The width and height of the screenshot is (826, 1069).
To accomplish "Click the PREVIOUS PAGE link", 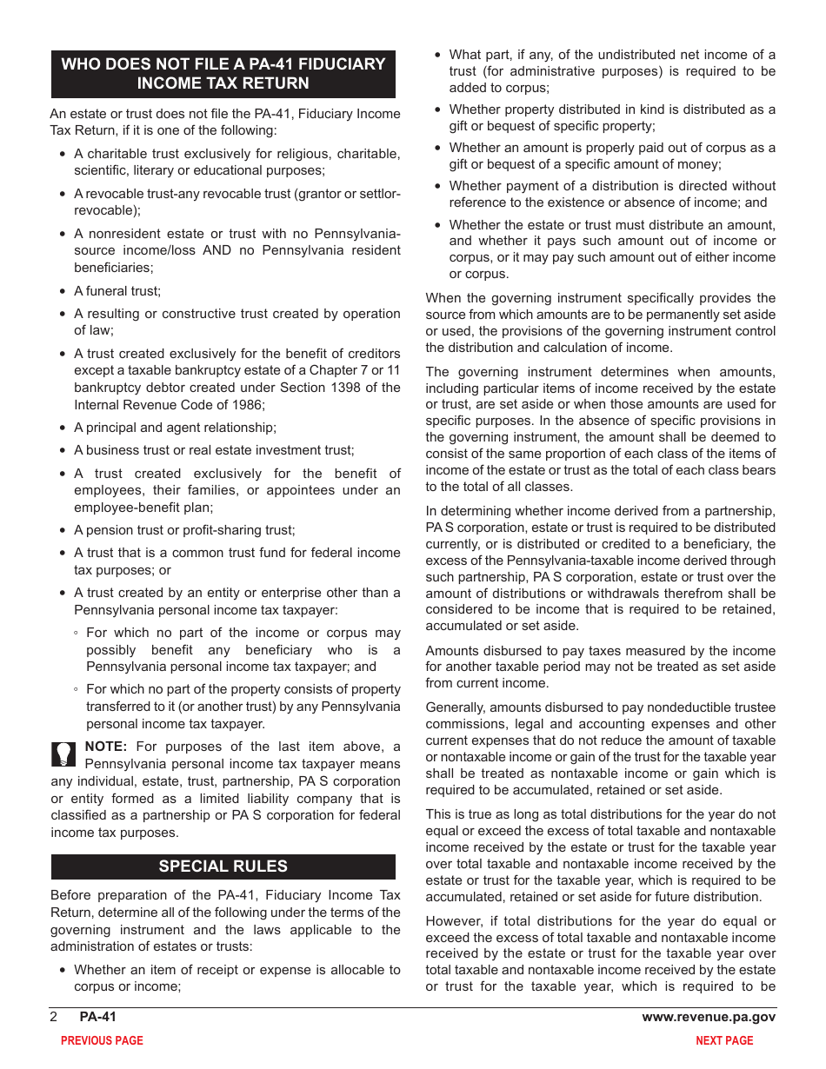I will [102, 1040].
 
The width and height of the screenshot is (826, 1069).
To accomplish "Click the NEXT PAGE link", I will [724, 1040].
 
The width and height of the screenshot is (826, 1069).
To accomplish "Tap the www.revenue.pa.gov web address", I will [709, 1017].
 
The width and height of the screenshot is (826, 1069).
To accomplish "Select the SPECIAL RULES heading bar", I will [223, 866].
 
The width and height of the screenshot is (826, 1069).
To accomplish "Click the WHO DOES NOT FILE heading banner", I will [223, 74].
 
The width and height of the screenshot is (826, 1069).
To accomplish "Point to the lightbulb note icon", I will [64, 754].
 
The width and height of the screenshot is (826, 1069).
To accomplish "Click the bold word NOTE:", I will [106, 747].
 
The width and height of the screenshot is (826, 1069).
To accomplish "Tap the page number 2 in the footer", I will [54, 1017].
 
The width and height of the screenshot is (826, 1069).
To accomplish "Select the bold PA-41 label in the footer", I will [97, 1017].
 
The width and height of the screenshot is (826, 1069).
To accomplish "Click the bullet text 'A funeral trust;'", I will [117, 291].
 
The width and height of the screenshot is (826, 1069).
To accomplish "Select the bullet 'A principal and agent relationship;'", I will [175, 428].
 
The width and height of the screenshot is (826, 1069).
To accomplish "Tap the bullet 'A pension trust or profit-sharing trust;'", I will [184, 529].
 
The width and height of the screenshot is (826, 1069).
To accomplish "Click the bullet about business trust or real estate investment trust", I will [214, 450].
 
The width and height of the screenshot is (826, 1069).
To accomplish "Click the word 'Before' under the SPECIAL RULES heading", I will [70, 895].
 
